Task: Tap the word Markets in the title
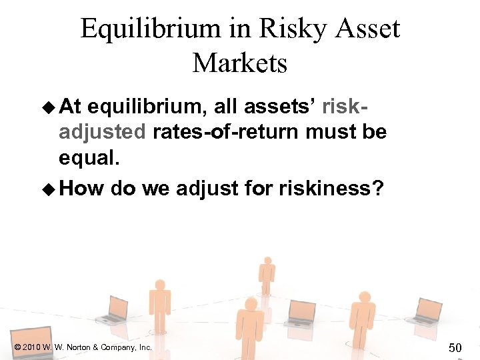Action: [x=240, y=63]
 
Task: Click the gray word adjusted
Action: [x=101, y=131]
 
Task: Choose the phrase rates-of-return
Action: [x=225, y=131]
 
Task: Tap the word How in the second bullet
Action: [x=81, y=188]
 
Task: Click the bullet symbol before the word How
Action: [x=49, y=189]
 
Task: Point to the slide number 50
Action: [x=455, y=347]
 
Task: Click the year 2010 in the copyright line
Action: [x=33, y=347]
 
